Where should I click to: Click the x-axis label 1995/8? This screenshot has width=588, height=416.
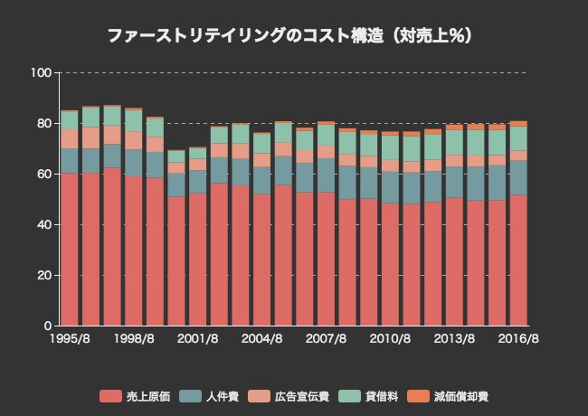69,339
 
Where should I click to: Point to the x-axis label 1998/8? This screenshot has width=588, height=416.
133,339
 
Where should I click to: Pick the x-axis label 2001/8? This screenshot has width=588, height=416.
197,339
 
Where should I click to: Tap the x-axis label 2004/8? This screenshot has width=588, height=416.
261,339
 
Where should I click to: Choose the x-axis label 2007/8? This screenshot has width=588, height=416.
326,339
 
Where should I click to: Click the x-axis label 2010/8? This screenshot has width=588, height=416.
390,339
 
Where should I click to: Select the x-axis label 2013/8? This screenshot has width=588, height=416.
454,339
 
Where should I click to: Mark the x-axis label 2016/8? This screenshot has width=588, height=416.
518,339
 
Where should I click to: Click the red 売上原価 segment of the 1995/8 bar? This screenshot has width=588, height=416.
69,250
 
